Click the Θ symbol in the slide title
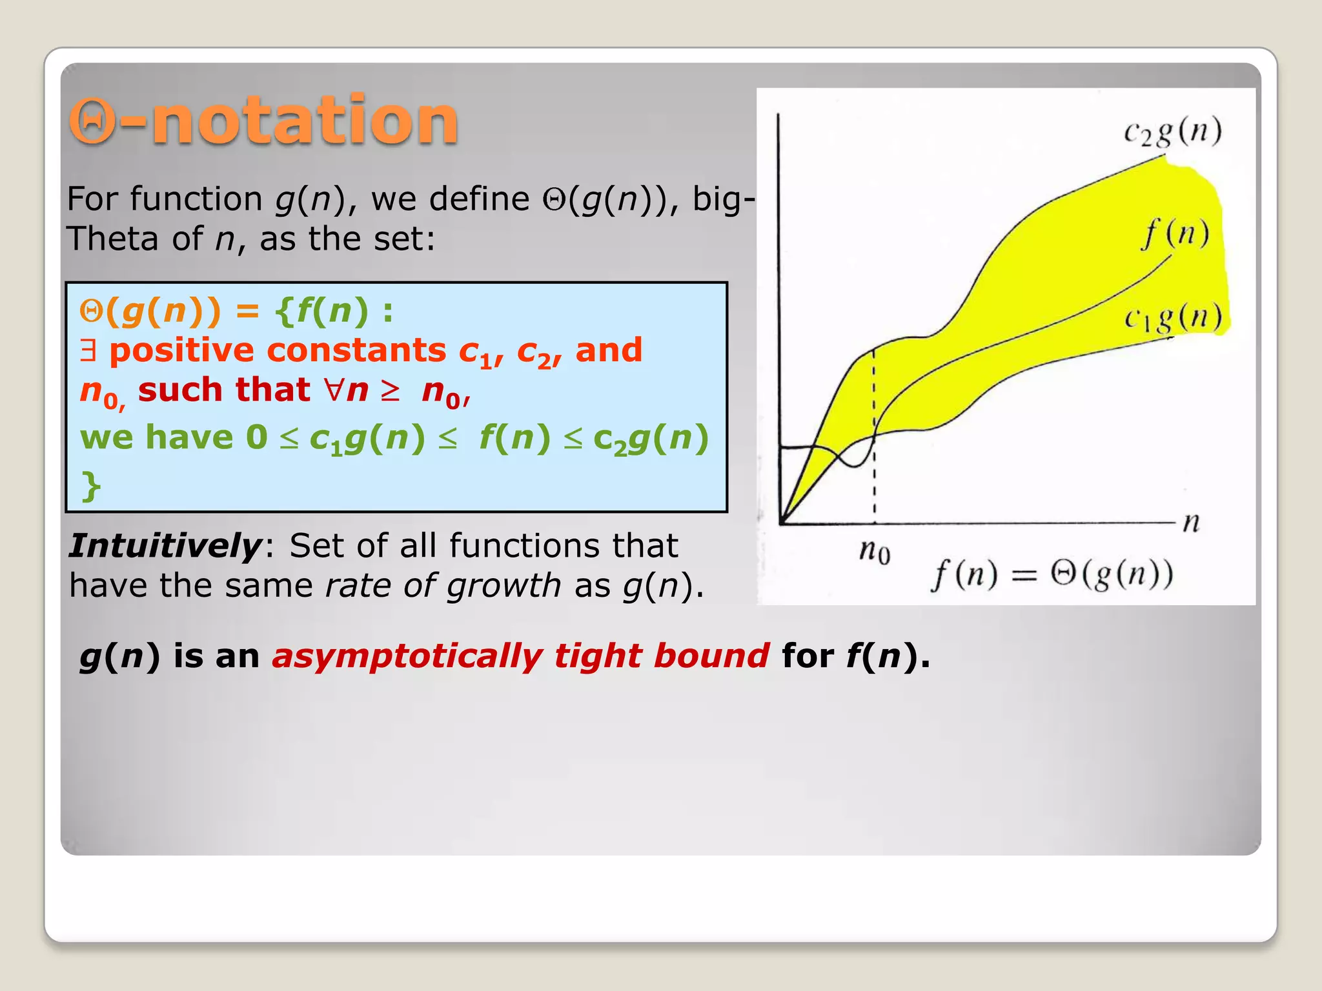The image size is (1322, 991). pyautogui.click(x=92, y=121)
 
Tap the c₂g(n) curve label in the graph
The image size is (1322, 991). pyautogui.click(x=1172, y=132)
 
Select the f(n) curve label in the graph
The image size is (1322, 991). pyautogui.click(x=1175, y=234)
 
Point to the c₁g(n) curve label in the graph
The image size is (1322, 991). pyautogui.click(x=1173, y=317)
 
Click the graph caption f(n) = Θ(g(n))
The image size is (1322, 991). pyautogui.click(x=1052, y=574)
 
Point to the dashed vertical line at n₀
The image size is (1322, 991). pyautogui.click(x=874, y=452)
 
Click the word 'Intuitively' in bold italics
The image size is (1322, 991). pyautogui.click(x=165, y=546)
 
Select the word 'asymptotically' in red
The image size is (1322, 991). pyautogui.click(x=407, y=656)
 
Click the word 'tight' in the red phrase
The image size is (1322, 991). pyautogui.click(x=598, y=656)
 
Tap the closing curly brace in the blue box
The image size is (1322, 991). pyautogui.click(x=91, y=485)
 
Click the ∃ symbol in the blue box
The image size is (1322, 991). pyautogui.click(x=88, y=350)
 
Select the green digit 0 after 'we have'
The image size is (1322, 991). pyautogui.click(x=256, y=437)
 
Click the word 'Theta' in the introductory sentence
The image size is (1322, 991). pyautogui.click(x=114, y=239)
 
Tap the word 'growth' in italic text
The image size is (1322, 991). pyautogui.click(x=503, y=586)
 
